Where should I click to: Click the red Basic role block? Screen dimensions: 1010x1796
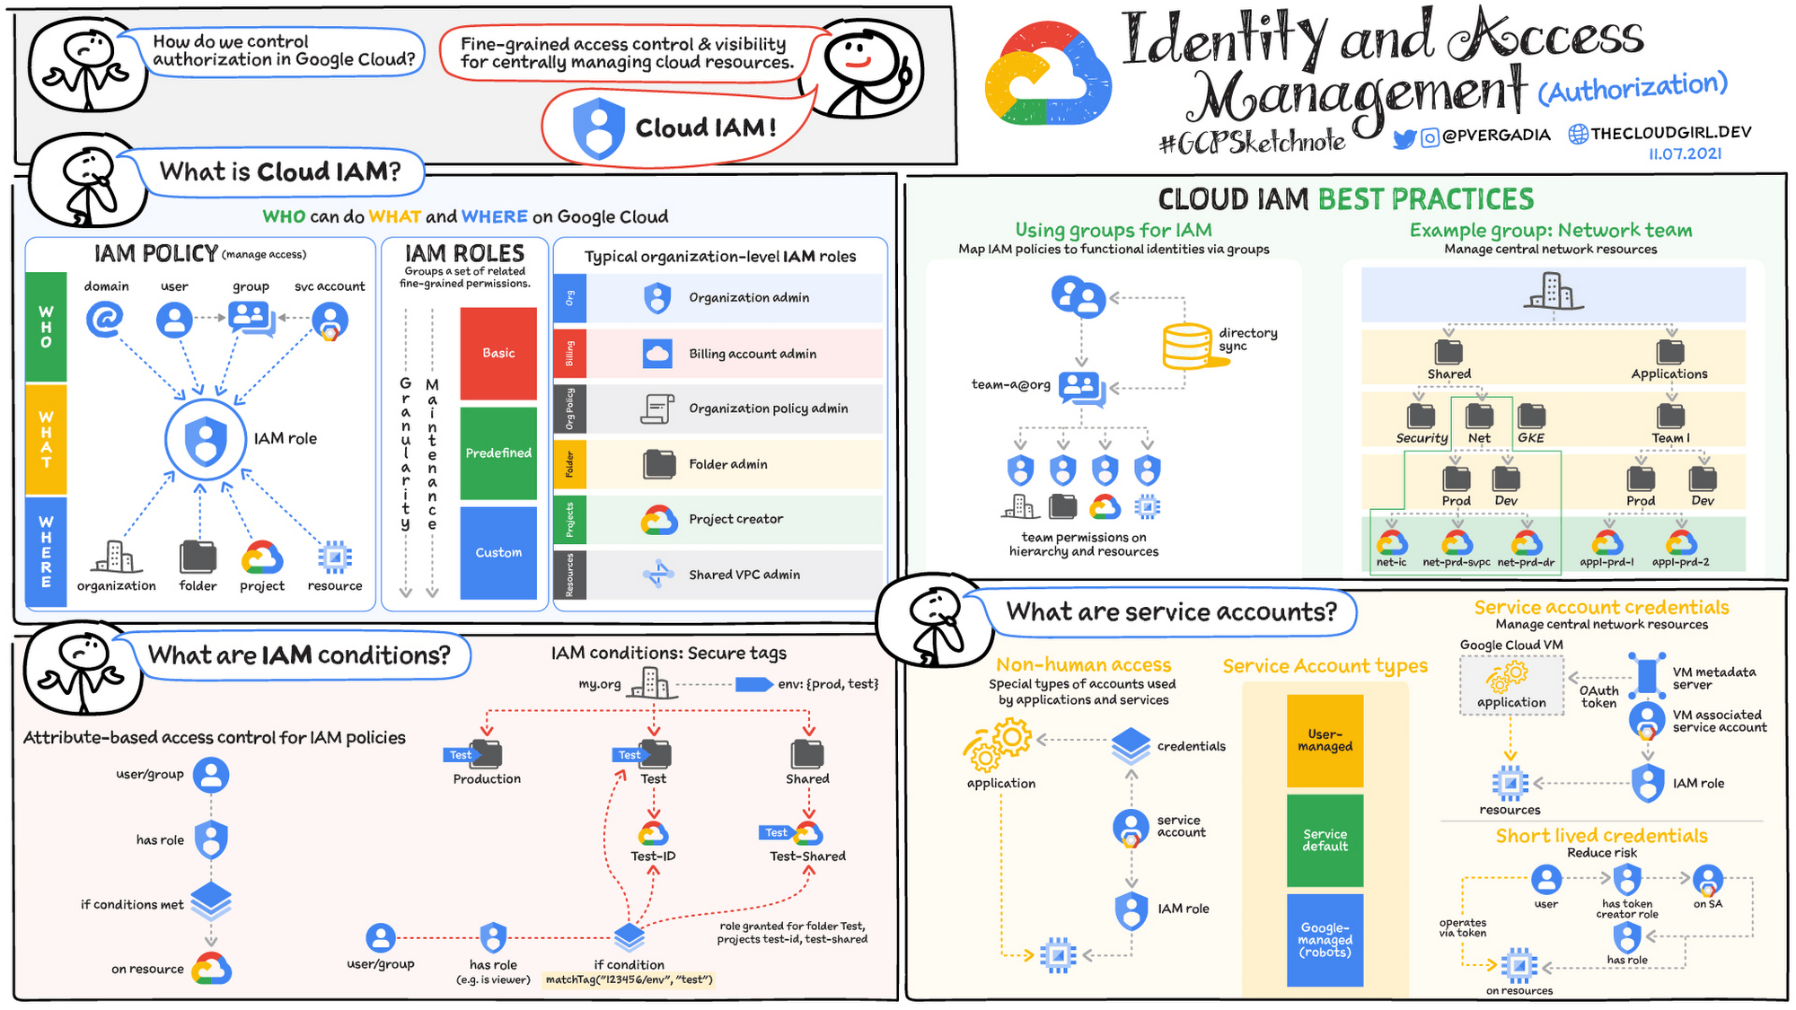498,353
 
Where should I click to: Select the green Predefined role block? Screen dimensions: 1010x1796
498,452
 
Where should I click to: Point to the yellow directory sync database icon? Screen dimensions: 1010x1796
1189,346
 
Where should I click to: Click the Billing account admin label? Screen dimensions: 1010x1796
753,354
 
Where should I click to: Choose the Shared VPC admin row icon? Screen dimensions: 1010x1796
658,575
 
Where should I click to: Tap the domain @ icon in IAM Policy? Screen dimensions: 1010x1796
104,319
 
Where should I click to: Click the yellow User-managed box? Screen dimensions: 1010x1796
1325,741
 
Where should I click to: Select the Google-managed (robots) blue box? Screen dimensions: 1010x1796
1325,940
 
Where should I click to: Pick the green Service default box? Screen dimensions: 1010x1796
1325,840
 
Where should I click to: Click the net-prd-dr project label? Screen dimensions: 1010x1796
1526,563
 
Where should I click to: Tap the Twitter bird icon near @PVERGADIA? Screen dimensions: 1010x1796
1404,138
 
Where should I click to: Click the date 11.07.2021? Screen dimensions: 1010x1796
1685,154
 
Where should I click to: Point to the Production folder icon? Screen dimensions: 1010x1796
486,753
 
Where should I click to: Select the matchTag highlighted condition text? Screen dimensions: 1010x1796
629,979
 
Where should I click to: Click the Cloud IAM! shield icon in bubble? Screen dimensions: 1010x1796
598,128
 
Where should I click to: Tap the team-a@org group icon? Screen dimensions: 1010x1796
1080,387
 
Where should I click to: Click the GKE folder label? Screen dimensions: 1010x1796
1530,438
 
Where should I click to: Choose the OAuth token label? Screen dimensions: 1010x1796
1598,697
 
